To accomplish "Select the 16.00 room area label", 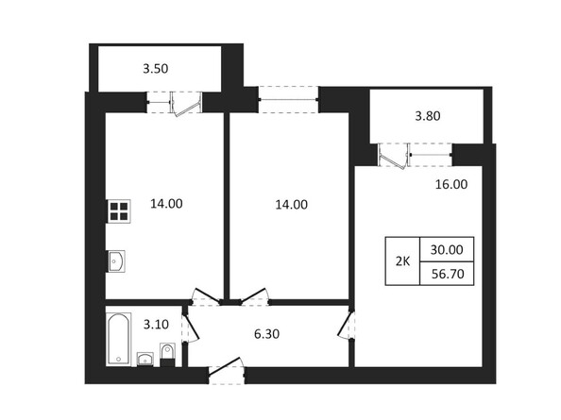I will [x=450, y=185].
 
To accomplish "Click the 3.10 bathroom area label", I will [x=157, y=325].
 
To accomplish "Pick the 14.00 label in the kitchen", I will [x=166, y=203].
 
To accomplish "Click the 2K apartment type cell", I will [x=401, y=261].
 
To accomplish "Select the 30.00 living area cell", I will [x=447, y=250].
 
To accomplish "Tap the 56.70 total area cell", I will [x=447, y=274].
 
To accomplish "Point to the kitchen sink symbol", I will [x=116, y=260].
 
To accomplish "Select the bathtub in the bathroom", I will [x=118, y=339].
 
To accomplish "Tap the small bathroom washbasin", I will [x=145, y=358].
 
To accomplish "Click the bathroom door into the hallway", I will [x=189, y=326].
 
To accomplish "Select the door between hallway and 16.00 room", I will [x=346, y=327].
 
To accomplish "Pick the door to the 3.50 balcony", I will [x=188, y=100].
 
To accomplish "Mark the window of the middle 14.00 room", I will [x=288, y=93].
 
